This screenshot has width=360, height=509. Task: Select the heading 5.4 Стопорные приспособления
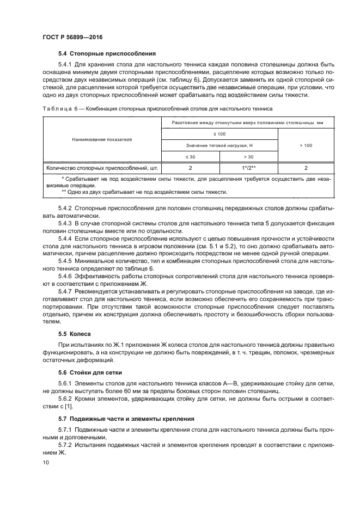[107, 53]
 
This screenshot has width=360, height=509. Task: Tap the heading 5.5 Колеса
[75, 333]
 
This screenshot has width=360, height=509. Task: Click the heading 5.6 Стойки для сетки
[90, 372]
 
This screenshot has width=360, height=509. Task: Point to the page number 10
[45, 462]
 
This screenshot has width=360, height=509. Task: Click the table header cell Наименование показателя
[102, 139]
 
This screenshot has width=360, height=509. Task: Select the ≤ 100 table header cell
[219, 133]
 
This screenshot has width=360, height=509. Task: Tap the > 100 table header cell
[306, 145]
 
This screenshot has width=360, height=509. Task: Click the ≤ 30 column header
[191, 157]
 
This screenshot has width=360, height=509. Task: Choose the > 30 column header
[248, 157]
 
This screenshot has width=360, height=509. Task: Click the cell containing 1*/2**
[248, 168]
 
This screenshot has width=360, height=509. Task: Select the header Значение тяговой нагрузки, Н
[219, 145]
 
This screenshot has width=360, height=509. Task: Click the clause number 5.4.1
[65, 64]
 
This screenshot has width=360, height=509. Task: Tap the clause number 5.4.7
[65, 292]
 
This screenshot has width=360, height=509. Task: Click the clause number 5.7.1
[65, 430]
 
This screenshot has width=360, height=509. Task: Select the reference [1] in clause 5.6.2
[69, 406]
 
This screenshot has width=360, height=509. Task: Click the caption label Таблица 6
[60, 109]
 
